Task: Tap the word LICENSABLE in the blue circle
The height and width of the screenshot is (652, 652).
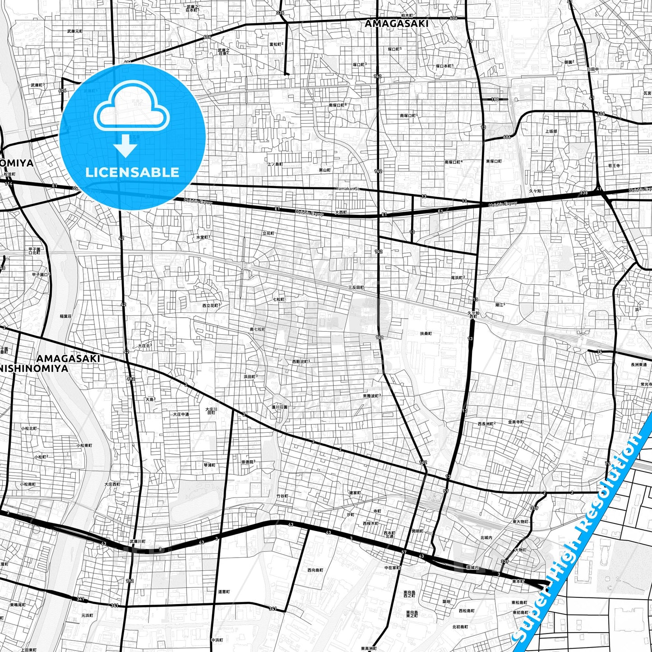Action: (x=132, y=172)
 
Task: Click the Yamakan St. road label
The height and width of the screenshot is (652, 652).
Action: (x=347, y=189)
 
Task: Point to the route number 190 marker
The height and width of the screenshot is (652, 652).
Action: (x=495, y=99)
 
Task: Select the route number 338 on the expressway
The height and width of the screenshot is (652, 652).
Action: (x=584, y=193)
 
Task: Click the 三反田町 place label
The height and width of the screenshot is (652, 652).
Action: (x=356, y=287)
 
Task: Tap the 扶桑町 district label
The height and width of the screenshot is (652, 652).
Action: (x=426, y=333)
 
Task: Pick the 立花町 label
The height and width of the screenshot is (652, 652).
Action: (x=268, y=233)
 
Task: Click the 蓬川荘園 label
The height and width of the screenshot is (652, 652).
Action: (x=279, y=407)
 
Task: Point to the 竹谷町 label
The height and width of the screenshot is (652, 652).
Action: (x=282, y=496)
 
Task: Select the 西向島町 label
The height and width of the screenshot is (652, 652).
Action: (x=315, y=570)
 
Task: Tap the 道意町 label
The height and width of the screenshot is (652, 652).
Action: (x=224, y=592)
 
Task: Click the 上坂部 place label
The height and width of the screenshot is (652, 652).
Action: (x=551, y=131)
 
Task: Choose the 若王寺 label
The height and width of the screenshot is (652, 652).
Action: (x=614, y=166)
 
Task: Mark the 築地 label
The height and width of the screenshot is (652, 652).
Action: (x=446, y=601)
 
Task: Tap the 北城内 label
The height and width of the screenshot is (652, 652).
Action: (x=486, y=537)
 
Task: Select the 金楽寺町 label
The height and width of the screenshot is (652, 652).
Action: (x=516, y=422)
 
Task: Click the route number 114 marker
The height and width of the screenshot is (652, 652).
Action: (x=9, y=184)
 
